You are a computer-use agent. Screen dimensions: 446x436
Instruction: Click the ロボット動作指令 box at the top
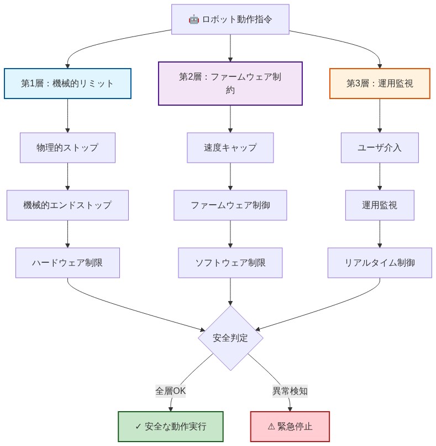[x=230, y=19]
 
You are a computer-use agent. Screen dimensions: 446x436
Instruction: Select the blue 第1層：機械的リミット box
[x=67, y=84]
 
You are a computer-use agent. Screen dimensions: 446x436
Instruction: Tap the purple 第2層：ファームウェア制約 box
[x=230, y=83]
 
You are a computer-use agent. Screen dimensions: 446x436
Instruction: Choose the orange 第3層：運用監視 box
[x=380, y=84]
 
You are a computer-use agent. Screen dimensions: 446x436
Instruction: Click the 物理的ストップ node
[x=67, y=148]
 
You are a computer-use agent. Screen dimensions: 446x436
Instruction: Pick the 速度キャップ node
[x=230, y=148]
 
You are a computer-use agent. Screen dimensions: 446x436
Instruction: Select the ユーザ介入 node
[x=380, y=148]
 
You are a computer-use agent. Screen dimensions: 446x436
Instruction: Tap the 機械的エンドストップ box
[x=67, y=205]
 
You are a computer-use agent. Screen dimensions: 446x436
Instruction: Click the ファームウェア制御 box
[x=230, y=205]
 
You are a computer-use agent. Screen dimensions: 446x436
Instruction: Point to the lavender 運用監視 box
[x=380, y=205]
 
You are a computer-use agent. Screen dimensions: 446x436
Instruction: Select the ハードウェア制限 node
[x=67, y=263]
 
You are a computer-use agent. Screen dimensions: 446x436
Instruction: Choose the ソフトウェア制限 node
[x=230, y=263]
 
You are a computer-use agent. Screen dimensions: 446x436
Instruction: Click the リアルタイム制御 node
[x=380, y=263]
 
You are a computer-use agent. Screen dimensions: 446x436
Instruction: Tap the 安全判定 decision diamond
[x=230, y=338]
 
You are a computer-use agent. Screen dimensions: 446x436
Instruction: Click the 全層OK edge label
[x=171, y=391]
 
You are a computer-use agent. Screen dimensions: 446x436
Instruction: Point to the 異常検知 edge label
[x=290, y=391]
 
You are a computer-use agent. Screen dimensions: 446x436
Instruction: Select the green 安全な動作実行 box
[x=171, y=427]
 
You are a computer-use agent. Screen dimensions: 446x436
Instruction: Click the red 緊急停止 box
[x=290, y=427]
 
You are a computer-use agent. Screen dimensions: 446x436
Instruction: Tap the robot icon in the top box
[x=193, y=19]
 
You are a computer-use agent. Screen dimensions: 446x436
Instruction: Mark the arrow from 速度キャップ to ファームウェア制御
[x=230, y=177]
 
